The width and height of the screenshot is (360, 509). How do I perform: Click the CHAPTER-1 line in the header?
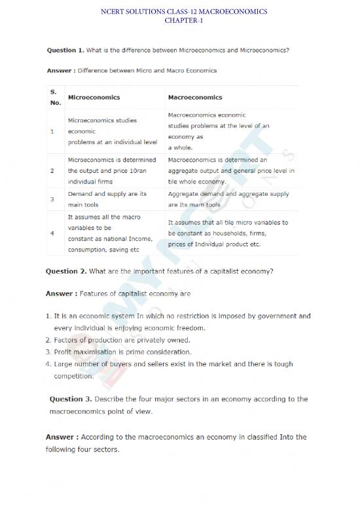pyautogui.click(x=180, y=20)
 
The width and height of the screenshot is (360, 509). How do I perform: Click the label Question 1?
pyautogui.click(x=65, y=50)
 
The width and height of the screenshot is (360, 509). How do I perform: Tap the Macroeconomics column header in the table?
pyautogui.click(x=195, y=98)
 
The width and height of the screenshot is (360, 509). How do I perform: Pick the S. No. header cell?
pyautogui.click(x=55, y=97)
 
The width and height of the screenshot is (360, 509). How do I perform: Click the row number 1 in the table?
pyautogui.click(x=52, y=131)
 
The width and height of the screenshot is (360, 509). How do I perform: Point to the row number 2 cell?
pyautogui.click(x=52, y=170)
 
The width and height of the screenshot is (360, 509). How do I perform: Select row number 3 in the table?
pyautogui.click(x=52, y=198)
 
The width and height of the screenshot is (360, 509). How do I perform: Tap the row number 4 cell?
pyautogui.click(x=52, y=233)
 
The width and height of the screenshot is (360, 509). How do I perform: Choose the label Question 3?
pyautogui.click(x=70, y=399)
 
